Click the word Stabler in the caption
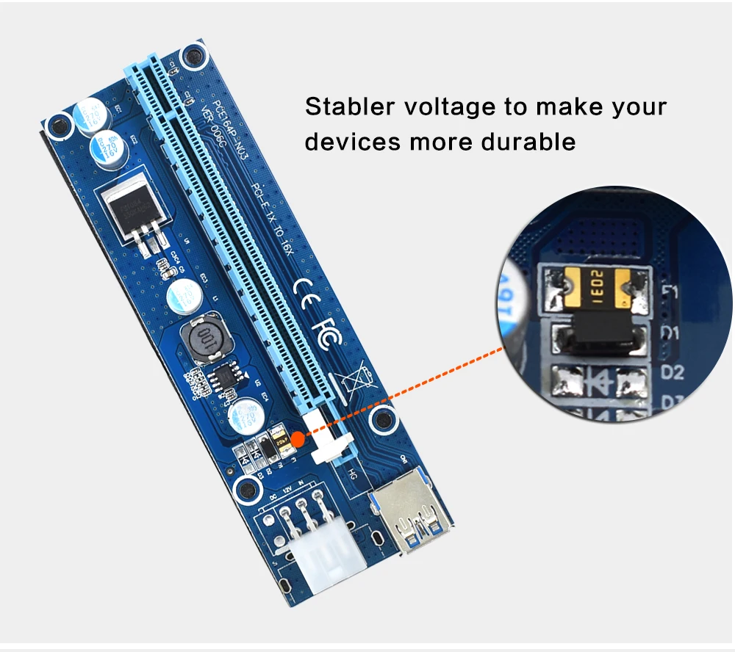(x=347, y=106)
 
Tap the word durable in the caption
(x=528, y=141)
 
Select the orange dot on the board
(x=297, y=440)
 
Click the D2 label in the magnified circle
(x=673, y=372)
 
